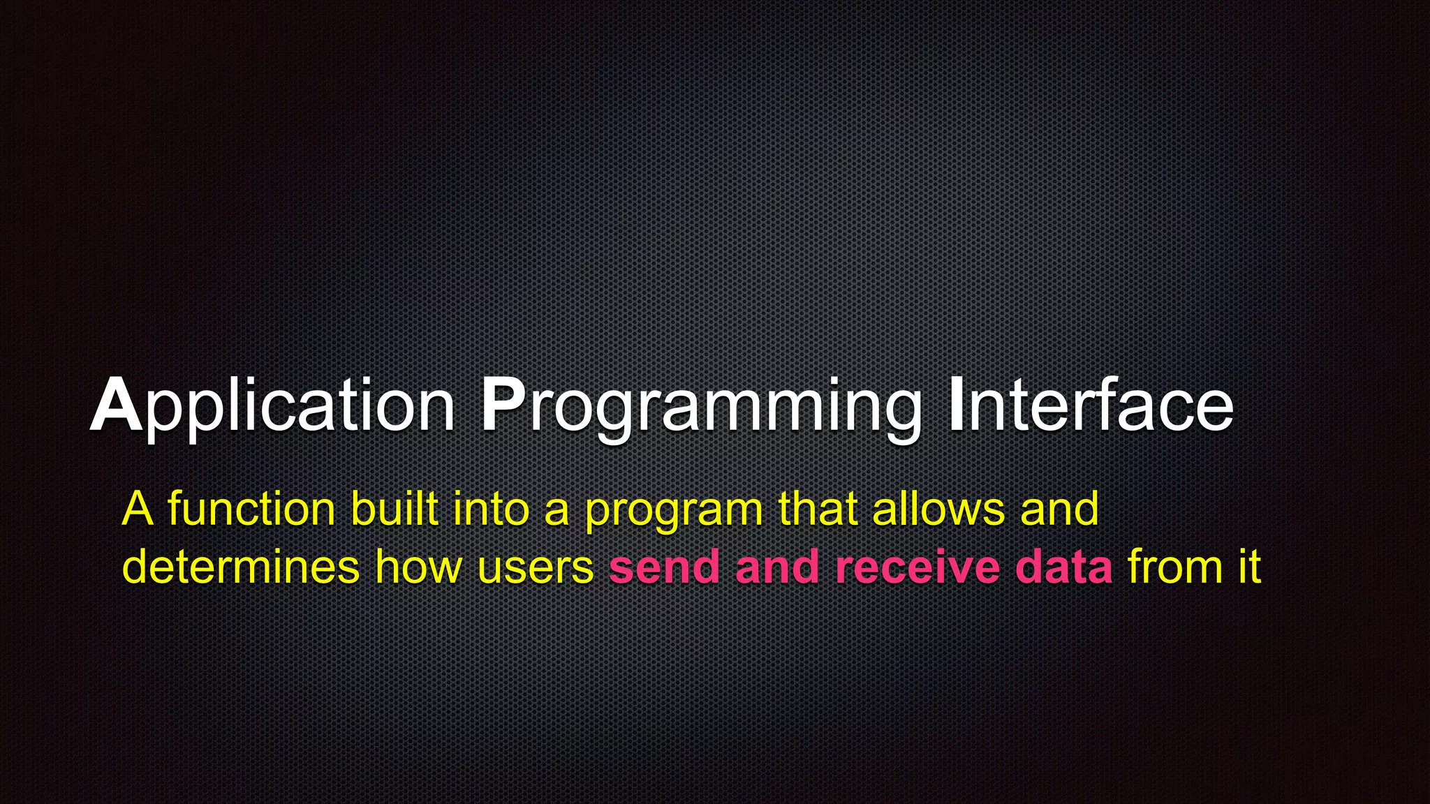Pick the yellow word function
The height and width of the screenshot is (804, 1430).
coord(252,509)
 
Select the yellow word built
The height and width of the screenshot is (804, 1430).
coord(395,509)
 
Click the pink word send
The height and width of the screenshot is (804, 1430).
coord(664,567)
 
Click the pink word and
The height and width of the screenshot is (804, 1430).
coord(777,567)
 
